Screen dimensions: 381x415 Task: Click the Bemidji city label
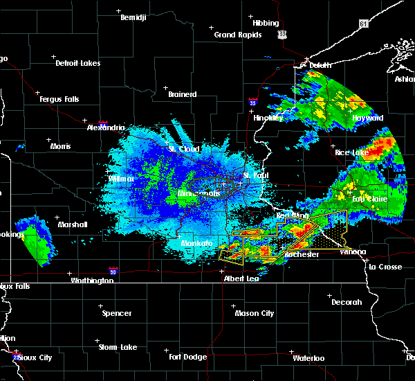click(133, 17)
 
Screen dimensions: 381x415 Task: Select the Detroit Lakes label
click(77, 63)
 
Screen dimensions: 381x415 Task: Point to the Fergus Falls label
click(59, 99)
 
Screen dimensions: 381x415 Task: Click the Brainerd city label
click(182, 94)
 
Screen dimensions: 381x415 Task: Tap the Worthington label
click(92, 281)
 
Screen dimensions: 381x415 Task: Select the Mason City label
click(254, 313)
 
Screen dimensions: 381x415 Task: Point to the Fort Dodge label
click(187, 357)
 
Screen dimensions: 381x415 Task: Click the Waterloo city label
click(308, 358)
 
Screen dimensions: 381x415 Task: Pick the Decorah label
click(345, 302)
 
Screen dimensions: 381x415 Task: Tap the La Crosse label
click(385, 267)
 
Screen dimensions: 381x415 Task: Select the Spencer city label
click(117, 313)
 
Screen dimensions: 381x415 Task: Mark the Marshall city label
click(73, 224)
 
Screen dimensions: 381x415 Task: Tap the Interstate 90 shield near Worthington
click(113, 272)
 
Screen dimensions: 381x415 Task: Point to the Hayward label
click(367, 118)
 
